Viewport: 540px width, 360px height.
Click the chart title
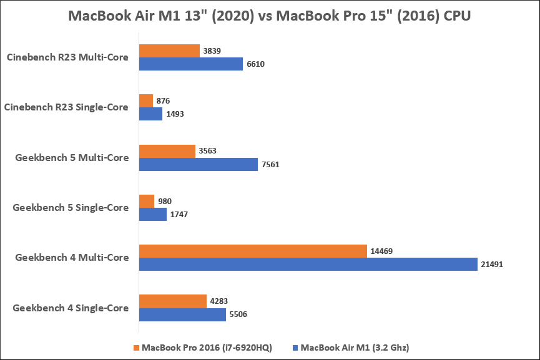270,17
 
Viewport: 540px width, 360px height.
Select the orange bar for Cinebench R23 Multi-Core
169,51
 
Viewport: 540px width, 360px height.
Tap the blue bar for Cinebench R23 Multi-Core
190,64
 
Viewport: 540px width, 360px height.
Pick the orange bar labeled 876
146,100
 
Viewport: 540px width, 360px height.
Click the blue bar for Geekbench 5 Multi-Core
198,164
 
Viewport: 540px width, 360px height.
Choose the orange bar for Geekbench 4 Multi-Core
252,251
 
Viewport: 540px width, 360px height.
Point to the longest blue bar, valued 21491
308,264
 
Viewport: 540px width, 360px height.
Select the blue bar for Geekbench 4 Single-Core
182,314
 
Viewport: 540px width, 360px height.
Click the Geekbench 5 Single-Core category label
71,207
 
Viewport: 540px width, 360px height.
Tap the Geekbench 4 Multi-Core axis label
72,257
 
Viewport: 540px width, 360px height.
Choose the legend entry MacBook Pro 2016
207,348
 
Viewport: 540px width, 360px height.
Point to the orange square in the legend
136,348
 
